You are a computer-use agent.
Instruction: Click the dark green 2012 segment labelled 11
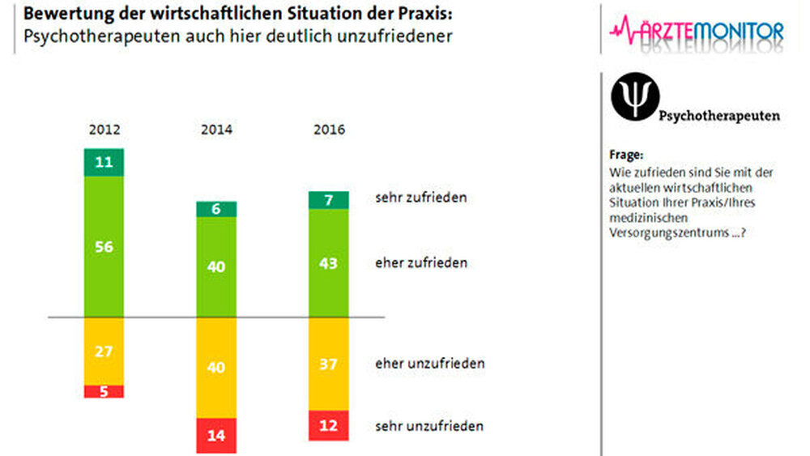[x=104, y=162]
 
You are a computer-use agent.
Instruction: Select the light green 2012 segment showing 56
[x=104, y=246]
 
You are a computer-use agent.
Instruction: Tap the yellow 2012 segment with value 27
[x=104, y=351]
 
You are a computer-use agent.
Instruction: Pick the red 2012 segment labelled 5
[x=104, y=391]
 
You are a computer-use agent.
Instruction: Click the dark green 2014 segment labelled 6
[x=216, y=209]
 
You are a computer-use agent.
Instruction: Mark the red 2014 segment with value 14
[x=216, y=435]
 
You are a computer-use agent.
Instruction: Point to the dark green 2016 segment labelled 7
[x=328, y=199]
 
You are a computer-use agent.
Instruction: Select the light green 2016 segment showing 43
[x=328, y=263]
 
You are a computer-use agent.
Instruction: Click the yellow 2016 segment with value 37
[x=328, y=364]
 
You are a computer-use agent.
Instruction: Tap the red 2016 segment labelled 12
[x=328, y=425]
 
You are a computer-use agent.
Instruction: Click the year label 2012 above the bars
[x=104, y=130]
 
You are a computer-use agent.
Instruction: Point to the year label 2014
[x=216, y=130]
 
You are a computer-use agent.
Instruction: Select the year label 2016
[x=328, y=130]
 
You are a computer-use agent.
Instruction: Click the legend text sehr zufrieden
[x=420, y=198]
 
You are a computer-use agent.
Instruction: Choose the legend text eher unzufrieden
[x=429, y=363]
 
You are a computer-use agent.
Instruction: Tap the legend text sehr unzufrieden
[x=429, y=425]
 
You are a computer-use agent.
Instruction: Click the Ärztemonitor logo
[x=696, y=32]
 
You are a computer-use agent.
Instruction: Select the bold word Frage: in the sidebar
[x=626, y=155]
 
